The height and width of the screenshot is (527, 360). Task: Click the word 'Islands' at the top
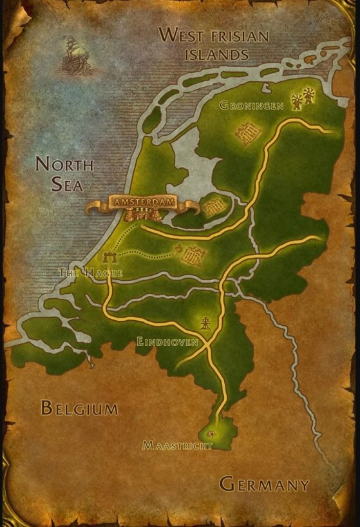tap(216, 54)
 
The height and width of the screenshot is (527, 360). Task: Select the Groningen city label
tap(252, 105)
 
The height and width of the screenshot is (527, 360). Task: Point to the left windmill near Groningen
tap(298, 101)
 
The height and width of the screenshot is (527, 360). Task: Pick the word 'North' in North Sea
tap(64, 164)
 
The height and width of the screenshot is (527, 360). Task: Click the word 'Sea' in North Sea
tap(68, 185)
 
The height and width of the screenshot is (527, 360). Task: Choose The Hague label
tap(90, 273)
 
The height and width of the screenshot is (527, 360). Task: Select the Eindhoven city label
tap(167, 342)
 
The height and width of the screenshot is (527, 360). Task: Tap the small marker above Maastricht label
tap(209, 434)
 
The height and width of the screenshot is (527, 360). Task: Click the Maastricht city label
tap(177, 445)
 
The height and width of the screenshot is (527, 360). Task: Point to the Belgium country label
tap(79, 408)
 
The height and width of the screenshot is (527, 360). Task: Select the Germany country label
tap(264, 484)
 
